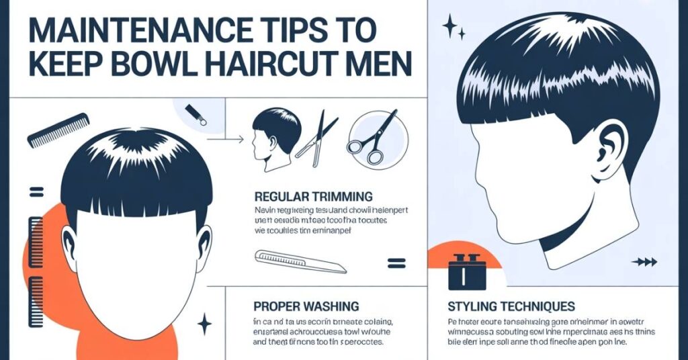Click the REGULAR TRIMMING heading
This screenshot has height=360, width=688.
coord(313,197)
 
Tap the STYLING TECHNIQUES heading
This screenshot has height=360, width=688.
coord(510,307)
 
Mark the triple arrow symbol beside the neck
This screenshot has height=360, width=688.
coord(644,262)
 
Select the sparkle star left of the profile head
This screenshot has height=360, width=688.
coord(449,26)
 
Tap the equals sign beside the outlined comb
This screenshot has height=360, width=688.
coord(397,262)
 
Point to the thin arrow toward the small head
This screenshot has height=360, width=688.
coord(226,140)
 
